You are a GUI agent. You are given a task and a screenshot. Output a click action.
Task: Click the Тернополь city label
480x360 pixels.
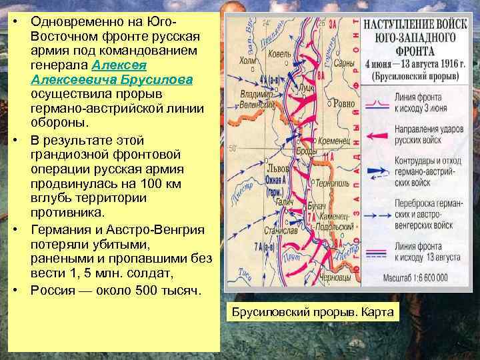328,182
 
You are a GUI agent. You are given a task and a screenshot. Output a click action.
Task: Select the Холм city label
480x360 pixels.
247,61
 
